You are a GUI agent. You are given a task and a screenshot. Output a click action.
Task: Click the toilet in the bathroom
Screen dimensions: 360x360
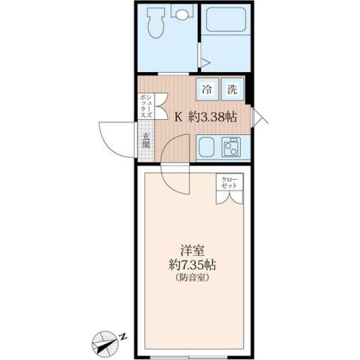(x=156, y=24)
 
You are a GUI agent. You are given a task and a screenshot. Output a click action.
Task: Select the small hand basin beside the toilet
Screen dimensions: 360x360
(x=183, y=13)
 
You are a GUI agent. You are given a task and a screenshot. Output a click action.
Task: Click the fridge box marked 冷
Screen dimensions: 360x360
(x=208, y=88)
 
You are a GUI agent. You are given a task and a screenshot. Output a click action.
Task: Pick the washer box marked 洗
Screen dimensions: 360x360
(x=233, y=88)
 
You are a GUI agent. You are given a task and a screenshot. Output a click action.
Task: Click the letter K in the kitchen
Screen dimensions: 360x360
(x=178, y=117)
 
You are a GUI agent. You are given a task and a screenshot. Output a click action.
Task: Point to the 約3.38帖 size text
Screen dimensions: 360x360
(x=212, y=117)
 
